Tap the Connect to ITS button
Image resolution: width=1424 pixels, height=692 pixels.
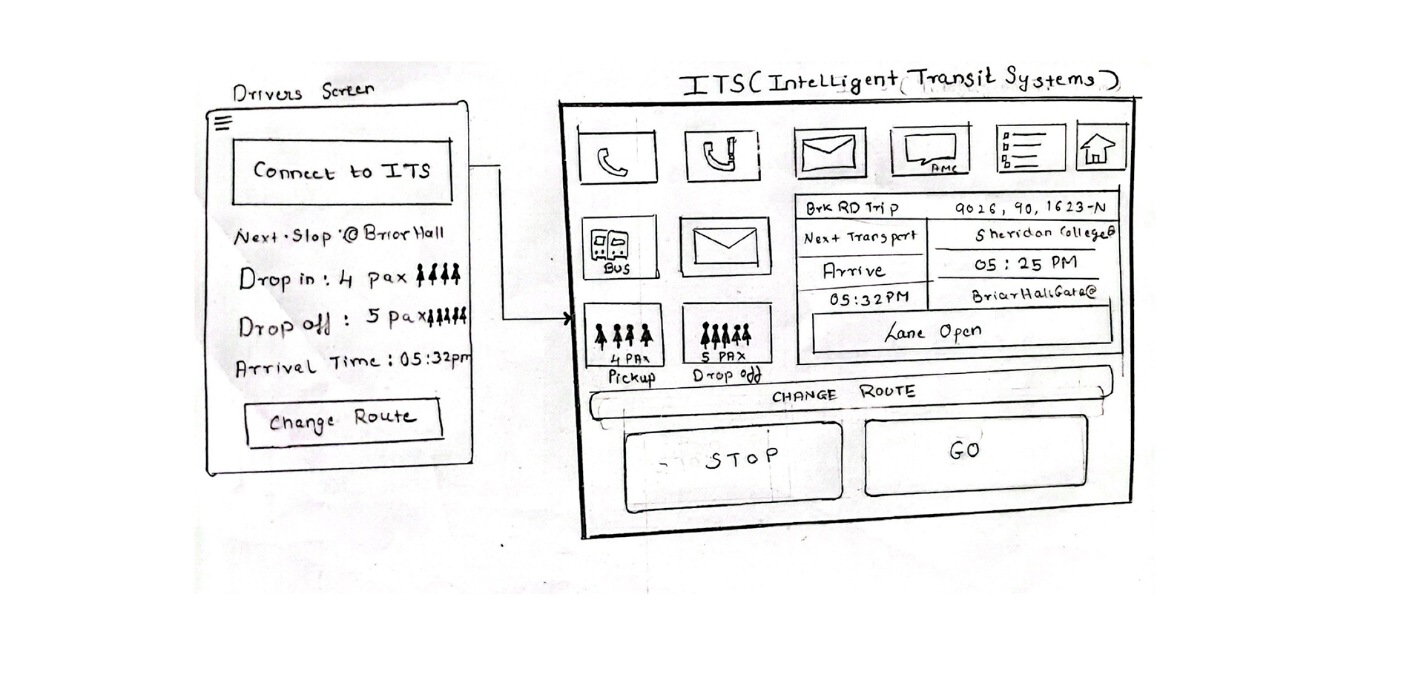(x=342, y=171)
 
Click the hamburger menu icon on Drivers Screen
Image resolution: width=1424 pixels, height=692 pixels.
(x=223, y=122)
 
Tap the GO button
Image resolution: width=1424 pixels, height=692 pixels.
(x=975, y=454)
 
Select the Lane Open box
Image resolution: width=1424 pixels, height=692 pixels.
(x=961, y=332)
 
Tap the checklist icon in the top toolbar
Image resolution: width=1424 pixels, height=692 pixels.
(x=1029, y=148)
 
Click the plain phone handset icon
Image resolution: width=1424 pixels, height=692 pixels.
(x=616, y=158)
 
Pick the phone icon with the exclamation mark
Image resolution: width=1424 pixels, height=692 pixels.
(x=722, y=155)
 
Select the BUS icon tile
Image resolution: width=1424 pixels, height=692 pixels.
(x=619, y=248)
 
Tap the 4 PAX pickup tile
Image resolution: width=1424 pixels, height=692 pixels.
(x=623, y=336)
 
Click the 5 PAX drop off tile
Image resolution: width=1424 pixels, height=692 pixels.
(x=726, y=335)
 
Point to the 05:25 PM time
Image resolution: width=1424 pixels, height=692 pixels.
(x=1026, y=264)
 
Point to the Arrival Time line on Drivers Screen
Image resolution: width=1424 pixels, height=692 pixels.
(x=352, y=363)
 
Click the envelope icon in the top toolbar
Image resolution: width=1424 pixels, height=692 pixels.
(x=829, y=153)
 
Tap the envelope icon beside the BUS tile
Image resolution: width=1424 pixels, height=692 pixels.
(x=725, y=246)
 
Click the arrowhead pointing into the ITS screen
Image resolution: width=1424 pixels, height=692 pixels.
(x=569, y=319)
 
